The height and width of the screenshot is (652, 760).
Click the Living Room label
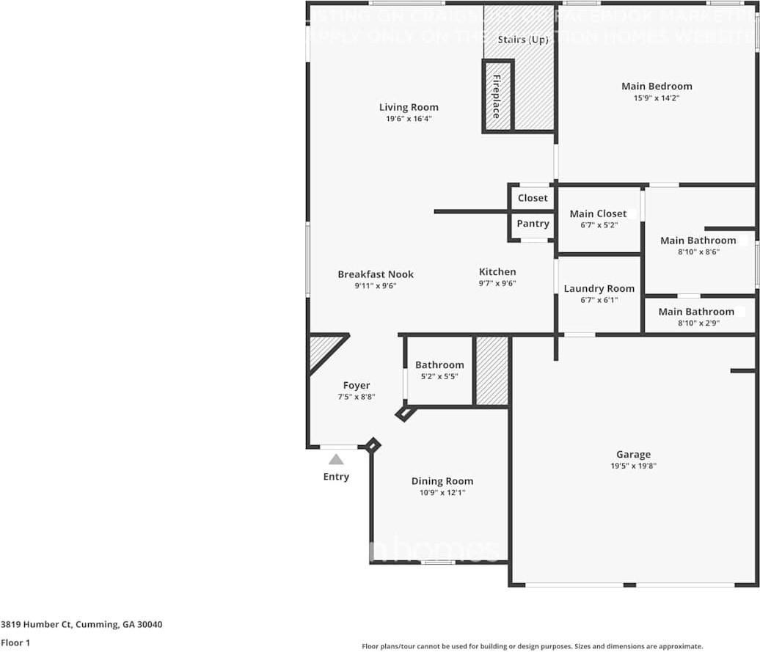(x=409, y=107)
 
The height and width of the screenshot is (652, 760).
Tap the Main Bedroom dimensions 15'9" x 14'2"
(x=657, y=98)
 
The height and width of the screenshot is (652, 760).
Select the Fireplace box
(x=497, y=96)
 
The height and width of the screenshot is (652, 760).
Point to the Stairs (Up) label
(x=522, y=40)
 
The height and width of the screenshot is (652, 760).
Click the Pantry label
(x=533, y=224)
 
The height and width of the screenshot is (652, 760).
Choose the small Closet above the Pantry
(x=533, y=198)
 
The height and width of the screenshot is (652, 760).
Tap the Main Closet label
(x=598, y=213)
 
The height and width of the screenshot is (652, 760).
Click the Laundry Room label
(x=599, y=288)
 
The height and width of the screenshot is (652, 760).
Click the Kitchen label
(x=497, y=271)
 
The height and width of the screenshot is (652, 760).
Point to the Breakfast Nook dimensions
(x=376, y=286)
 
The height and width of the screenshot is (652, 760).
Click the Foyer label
(x=357, y=385)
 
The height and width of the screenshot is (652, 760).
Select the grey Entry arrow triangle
(x=336, y=460)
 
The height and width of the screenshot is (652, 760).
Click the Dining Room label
(x=442, y=481)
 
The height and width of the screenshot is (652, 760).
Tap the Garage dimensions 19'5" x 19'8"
(x=633, y=466)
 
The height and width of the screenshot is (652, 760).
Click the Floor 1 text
(x=16, y=642)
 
